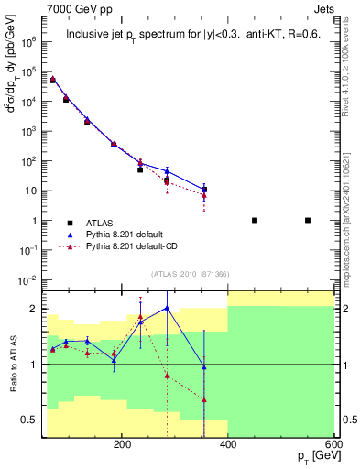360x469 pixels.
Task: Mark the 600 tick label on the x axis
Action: coord(332,444)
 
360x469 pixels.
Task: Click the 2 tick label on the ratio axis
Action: coord(34,310)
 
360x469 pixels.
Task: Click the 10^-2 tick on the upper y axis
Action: coord(27,279)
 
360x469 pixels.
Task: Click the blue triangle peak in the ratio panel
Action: coord(167,308)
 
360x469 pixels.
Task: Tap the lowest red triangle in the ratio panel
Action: coord(204,400)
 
